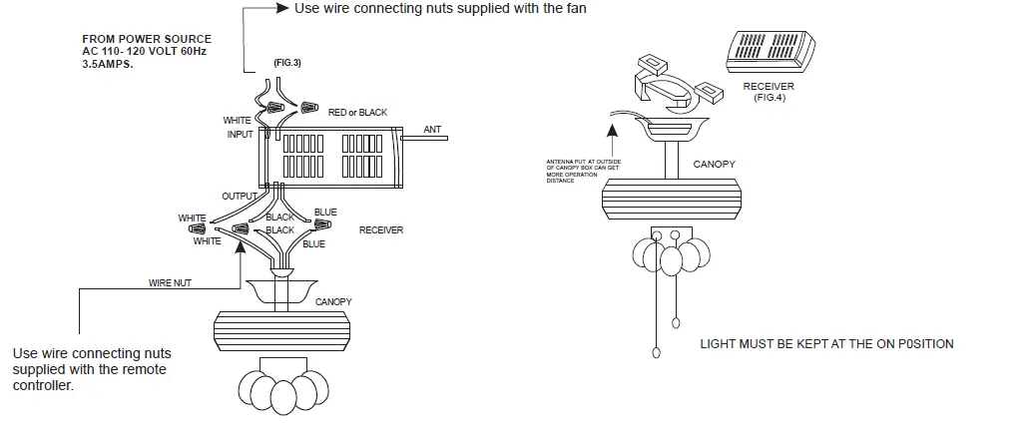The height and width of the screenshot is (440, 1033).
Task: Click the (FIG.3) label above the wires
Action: pyautogui.click(x=287, y=63)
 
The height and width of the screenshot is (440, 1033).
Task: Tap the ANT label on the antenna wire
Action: pyautogui.click(x=432, y=130)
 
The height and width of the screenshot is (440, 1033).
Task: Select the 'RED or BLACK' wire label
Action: pyautogui.click(x=357, y=113)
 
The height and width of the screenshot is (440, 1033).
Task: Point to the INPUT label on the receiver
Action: pyautogui.click(x=240, y=134)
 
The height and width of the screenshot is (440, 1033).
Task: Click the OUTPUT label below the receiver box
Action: pyautogui.click(x=239, y=197)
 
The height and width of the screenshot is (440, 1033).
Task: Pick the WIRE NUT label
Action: pyautogui.click(x=170, y=282)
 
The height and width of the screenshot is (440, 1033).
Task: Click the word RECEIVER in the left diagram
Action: pyautogui.click(x=381, y=229)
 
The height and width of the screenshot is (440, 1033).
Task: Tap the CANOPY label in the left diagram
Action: pyautogui.click(x=333, y=301)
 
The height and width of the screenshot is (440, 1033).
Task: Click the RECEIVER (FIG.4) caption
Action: pyautogui.click(x=769, y=92)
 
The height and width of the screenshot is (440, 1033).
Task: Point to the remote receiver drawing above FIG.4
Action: pyautogui.click(x=769, y=50)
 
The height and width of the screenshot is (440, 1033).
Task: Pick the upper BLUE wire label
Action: pyautogui.click(x=325, y=213)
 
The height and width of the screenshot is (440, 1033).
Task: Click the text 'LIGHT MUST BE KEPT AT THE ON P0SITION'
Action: pyautogui.click(x=826, y=344)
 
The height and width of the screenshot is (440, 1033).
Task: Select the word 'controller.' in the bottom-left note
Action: pyautogui.click(x=43, y=385)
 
